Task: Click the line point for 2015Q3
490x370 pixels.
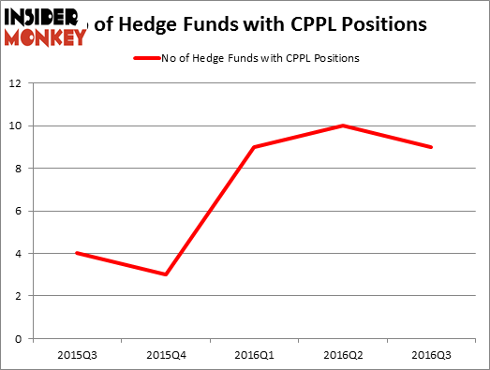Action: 76,253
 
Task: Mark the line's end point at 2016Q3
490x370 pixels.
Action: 432,147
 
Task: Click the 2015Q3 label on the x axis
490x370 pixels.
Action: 76,357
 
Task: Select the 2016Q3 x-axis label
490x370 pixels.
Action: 432,357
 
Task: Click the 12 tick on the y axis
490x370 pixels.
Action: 16,83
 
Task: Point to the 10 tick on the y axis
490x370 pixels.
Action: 16,126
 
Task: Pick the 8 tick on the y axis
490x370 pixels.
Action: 19,169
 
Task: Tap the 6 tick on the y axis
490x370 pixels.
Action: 19,211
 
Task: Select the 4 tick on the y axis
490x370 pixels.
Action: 19,253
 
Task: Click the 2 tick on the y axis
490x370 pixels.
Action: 19,296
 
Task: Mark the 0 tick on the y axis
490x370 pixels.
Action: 19,338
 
